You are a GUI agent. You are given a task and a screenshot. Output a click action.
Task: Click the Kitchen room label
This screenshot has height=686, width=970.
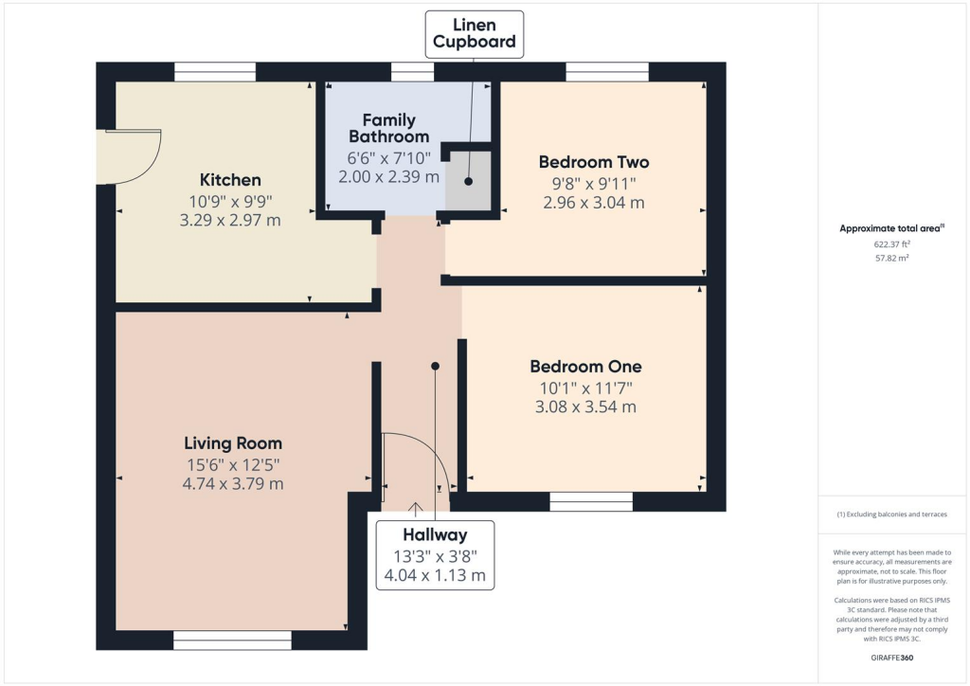click(230, 180)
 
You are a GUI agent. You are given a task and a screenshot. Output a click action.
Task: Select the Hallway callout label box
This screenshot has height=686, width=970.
click(435, 554)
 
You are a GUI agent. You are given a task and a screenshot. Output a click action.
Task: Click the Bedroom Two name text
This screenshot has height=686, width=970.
click(593, 162)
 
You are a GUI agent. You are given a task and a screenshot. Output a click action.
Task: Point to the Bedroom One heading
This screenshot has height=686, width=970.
click(584, 367)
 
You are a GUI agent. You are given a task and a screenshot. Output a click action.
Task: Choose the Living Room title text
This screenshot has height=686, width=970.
click(233, 442)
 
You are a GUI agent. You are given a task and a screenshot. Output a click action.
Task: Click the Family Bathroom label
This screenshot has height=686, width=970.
click(388, 128)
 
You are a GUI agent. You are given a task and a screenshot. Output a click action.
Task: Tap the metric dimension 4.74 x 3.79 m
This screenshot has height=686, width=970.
click(233, 483)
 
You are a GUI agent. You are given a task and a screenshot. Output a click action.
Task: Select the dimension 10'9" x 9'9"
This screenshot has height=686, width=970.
click(230, 201)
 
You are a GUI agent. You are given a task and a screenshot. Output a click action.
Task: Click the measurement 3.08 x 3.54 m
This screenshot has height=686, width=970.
click(584, 407)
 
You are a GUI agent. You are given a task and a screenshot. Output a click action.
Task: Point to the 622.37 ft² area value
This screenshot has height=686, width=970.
click(891, 244)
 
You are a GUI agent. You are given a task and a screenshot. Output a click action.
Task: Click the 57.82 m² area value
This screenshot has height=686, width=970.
click(891, 257)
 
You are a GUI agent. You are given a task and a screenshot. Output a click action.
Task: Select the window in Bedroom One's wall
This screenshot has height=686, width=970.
click(591, 501)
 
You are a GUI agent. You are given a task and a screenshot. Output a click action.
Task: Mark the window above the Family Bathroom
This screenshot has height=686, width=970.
click(412, 72)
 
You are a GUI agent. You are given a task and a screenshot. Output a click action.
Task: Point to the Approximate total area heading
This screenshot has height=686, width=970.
click(891, 228)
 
